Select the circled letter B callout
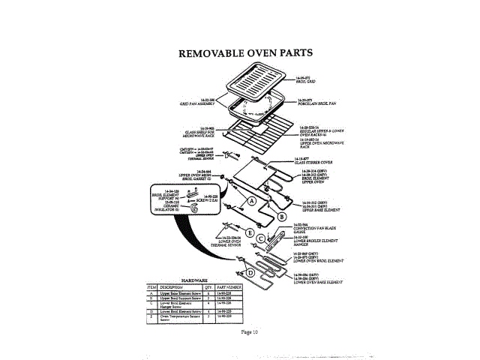(x=282, y=216)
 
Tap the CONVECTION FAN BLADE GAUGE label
(x=315, y=228)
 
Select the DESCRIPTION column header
(x=171, y=286)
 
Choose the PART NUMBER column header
(x=229, y=286)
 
